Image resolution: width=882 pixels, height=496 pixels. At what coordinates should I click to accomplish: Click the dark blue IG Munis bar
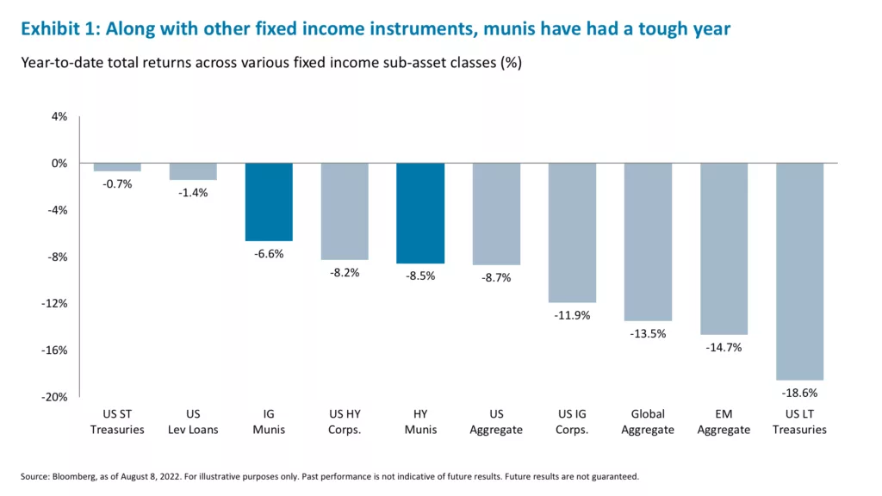click(x=269, y=201)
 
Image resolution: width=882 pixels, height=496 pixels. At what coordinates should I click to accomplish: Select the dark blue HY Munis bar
click(x=420, y=213)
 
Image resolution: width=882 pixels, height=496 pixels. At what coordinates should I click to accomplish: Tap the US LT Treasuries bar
click(x=799, y=271)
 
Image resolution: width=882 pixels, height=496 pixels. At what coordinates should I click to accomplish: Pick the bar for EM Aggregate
click(x=724, y=248)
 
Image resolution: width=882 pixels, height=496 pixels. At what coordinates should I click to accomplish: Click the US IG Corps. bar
click(x=572, y=232)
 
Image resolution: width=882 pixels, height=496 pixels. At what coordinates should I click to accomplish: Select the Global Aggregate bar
click(x=648, y=241)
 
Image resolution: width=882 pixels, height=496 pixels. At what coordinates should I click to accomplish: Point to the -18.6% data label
click(x=799, y=393)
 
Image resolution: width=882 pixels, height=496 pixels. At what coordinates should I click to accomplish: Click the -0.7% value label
click(x=117, y=184)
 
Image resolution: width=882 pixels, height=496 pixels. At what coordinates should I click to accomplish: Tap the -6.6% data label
click(x=269, y=254)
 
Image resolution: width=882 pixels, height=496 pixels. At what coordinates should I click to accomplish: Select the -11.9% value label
click(x=572, y=315)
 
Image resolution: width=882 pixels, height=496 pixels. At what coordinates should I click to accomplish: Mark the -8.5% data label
click(x=420, y=276)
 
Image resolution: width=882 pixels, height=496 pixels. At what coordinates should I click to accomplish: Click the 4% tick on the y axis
click(x=59, y=116)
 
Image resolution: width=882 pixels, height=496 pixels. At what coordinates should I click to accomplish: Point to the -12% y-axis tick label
click(x=55, y=303)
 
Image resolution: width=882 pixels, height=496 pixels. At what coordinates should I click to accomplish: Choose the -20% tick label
click(x=55, y=397)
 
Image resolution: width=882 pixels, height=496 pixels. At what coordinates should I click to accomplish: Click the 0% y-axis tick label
click(x=59, y=163)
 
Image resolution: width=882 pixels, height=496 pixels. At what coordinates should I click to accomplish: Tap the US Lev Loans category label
click(x=193, y=422)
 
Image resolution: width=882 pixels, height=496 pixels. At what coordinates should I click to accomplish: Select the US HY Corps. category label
click(x=345, y=422)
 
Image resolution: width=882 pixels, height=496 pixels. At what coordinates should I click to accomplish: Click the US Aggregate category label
click(x=496, y=422)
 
